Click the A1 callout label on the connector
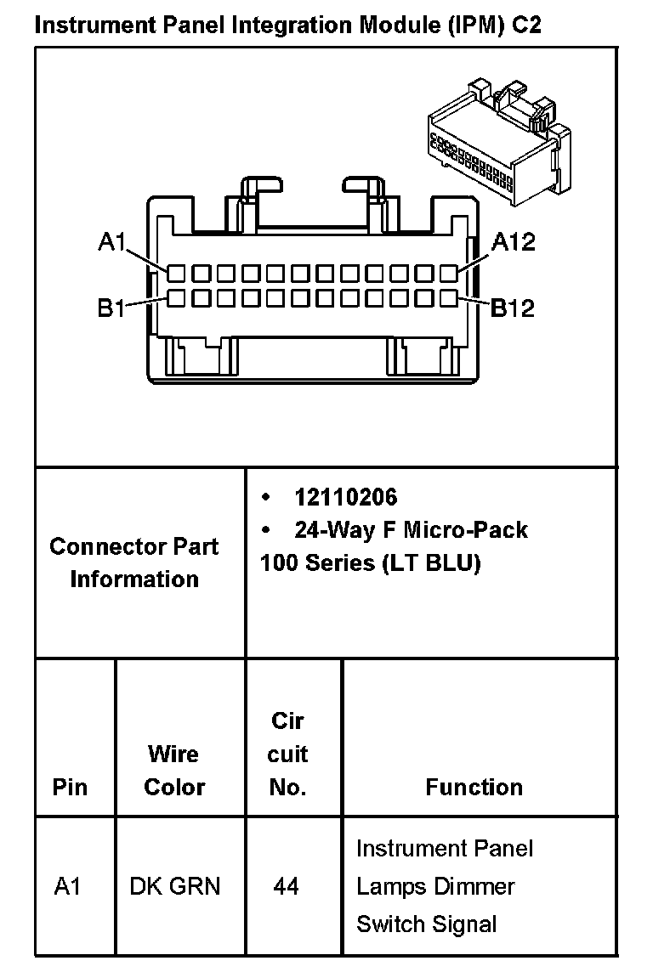pyautogui.click(x=111, y=243)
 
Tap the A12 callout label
pyautogui.click(x=514, y=242)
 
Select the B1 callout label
pyautogui.click(x=111, y=308)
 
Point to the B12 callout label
pyautogui.click(x=514, y=308)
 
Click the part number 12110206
pyautogui.click(x=345, y=497)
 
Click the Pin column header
pyautogui.click(x=70, y=787)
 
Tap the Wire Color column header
pyautogui.click(x=174, y=770)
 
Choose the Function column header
pyautogui.click(x=474, y=787)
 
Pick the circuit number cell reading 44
pyautogui.click(x=287, y=886)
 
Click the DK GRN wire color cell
pyautogui.click(x=174, y=886)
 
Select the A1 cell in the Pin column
pyautogui.click(x=67, y=886)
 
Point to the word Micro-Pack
pyautogui.click(x=465, y=530)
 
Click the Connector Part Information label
pyautogui.click(x=134, y=562)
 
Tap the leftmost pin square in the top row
pyautogui.click(x=175, y=273)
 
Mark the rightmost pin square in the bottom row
pyautogui.click(x=449, y=298)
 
